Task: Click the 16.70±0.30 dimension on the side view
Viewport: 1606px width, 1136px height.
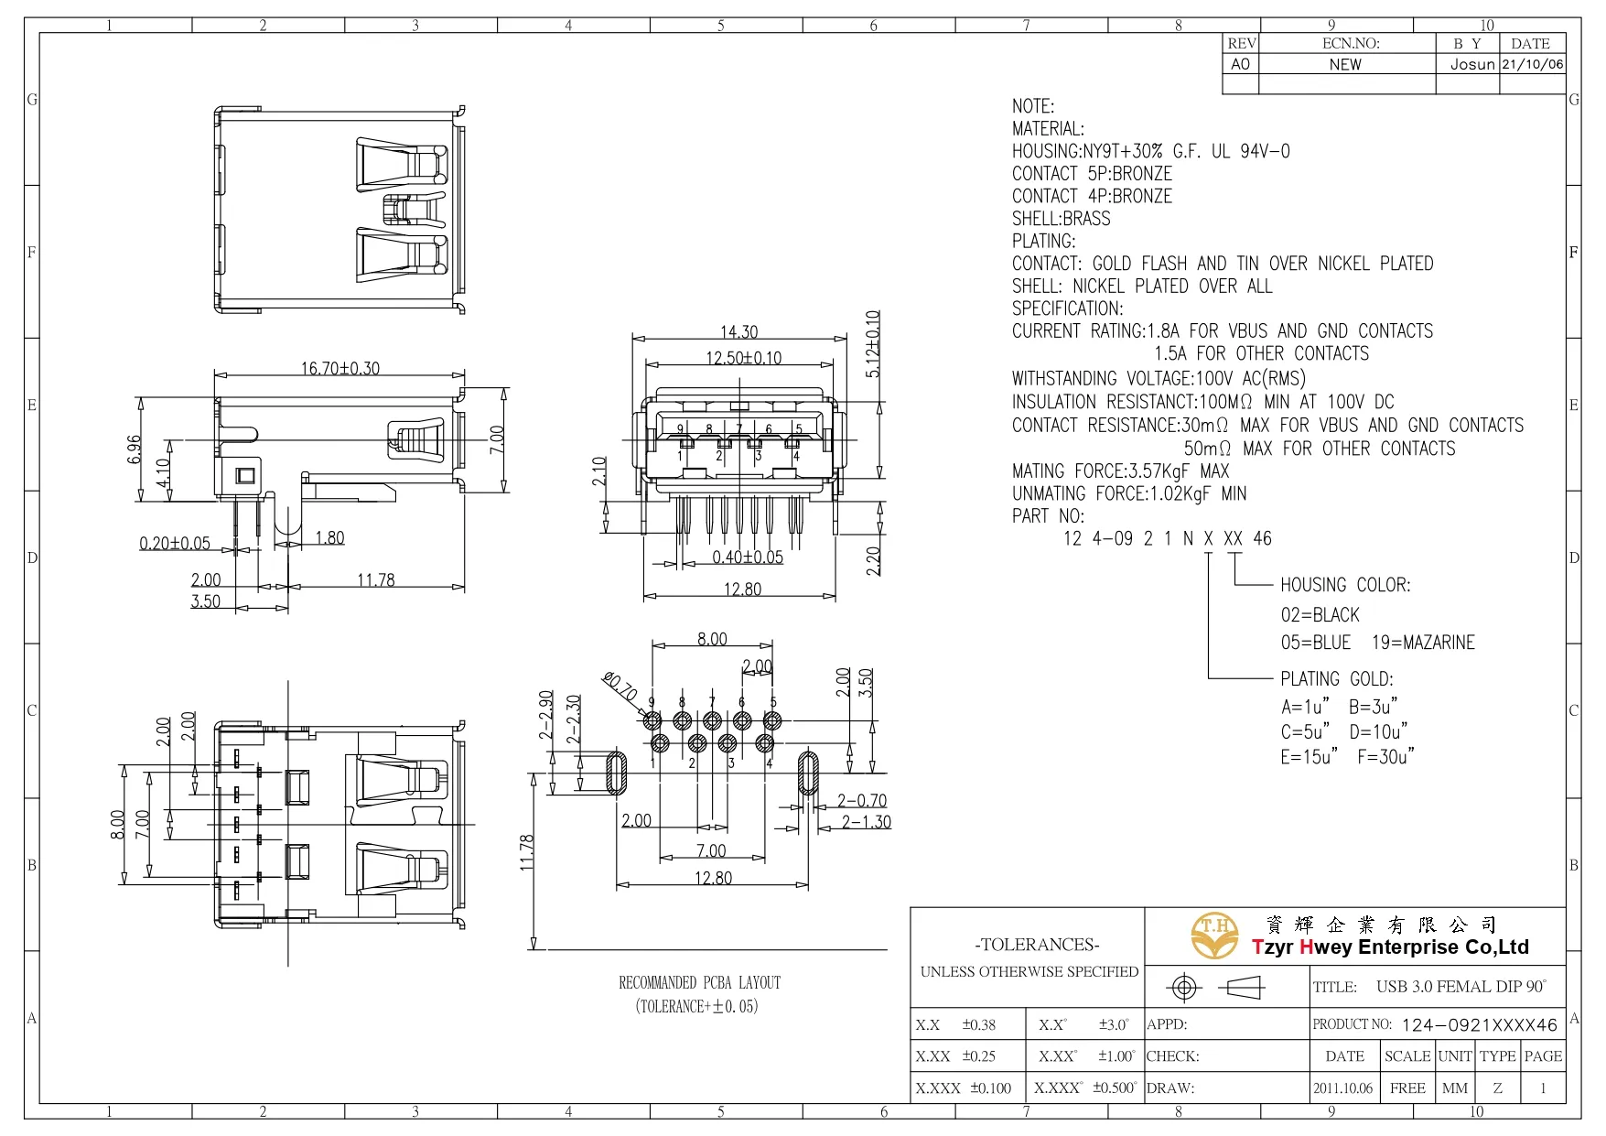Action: [x=340, y=368]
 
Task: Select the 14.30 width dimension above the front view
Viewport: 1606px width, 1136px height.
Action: [x=738, y=332]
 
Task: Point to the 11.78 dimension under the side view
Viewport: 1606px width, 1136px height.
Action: [x=375, y=580]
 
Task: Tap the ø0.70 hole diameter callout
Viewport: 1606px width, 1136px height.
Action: [x=620, y=687]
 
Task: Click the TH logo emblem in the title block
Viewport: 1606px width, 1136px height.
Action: [x=1214, y=936]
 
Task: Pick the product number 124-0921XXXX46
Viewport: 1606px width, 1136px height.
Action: [x=1479, y=1025]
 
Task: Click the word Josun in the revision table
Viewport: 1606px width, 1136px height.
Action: [x=1471, y=64]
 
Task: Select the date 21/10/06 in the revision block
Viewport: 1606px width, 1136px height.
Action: [x=1533, y=64]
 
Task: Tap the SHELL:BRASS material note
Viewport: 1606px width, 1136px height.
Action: [x=1061, y=219]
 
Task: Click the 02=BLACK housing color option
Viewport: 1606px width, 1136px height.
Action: [x=1320, y=615]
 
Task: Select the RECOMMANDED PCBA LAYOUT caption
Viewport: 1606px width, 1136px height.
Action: [x=699, y=983]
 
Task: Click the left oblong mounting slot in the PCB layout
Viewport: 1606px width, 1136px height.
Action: [x=617, y=773]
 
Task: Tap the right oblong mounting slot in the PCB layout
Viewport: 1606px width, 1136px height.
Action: [x=808, y=773]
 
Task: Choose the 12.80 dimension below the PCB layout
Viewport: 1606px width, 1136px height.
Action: [x=713, y=878]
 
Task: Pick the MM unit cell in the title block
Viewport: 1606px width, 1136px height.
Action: [x=1454, y=1088]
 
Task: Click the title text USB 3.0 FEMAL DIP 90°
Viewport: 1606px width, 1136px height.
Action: [x=1460, y=987]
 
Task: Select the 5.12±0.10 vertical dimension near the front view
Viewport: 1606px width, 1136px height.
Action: [x=873, y=344]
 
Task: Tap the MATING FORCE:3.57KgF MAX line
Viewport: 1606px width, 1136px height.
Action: [x=1120, y=471]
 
